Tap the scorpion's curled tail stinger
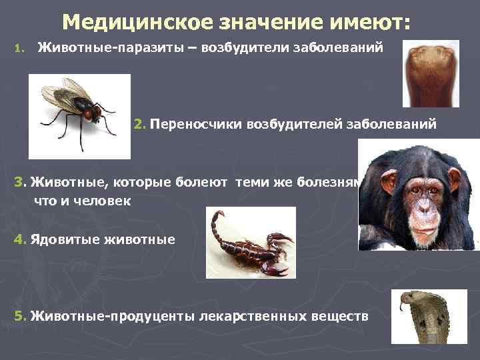(x=216, y=217)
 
